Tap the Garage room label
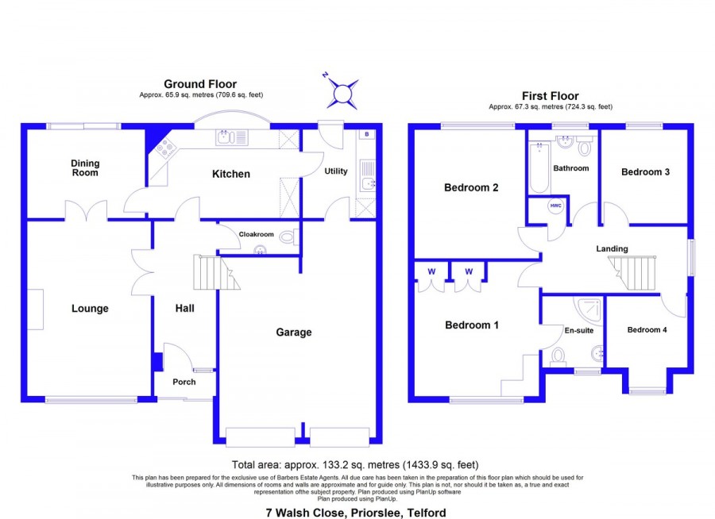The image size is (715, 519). [x=294, y=333]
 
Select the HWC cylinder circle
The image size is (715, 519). [x=555, y=206]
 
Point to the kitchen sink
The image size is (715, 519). [x=232, y=137]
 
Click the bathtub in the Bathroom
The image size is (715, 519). [x=539, y=167]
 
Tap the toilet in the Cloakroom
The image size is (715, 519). [x=289, y=237]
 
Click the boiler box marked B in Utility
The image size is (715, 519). [x=366, y=134]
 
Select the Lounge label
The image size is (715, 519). [x=90, y=309]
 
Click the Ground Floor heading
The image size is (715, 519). [x=200, y=84]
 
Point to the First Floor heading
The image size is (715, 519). [x=550, y=96]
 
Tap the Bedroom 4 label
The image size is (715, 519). [x=647, y=329]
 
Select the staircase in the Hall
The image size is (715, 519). [x=215, y=272]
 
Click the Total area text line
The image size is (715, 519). [x=355, y=465]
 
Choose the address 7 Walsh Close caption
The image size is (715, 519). [x=356, y=513]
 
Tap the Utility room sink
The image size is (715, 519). [x=368, y=176]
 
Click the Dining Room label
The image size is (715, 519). [x=85, y=167]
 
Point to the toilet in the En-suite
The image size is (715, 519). [x=558, y=357]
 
